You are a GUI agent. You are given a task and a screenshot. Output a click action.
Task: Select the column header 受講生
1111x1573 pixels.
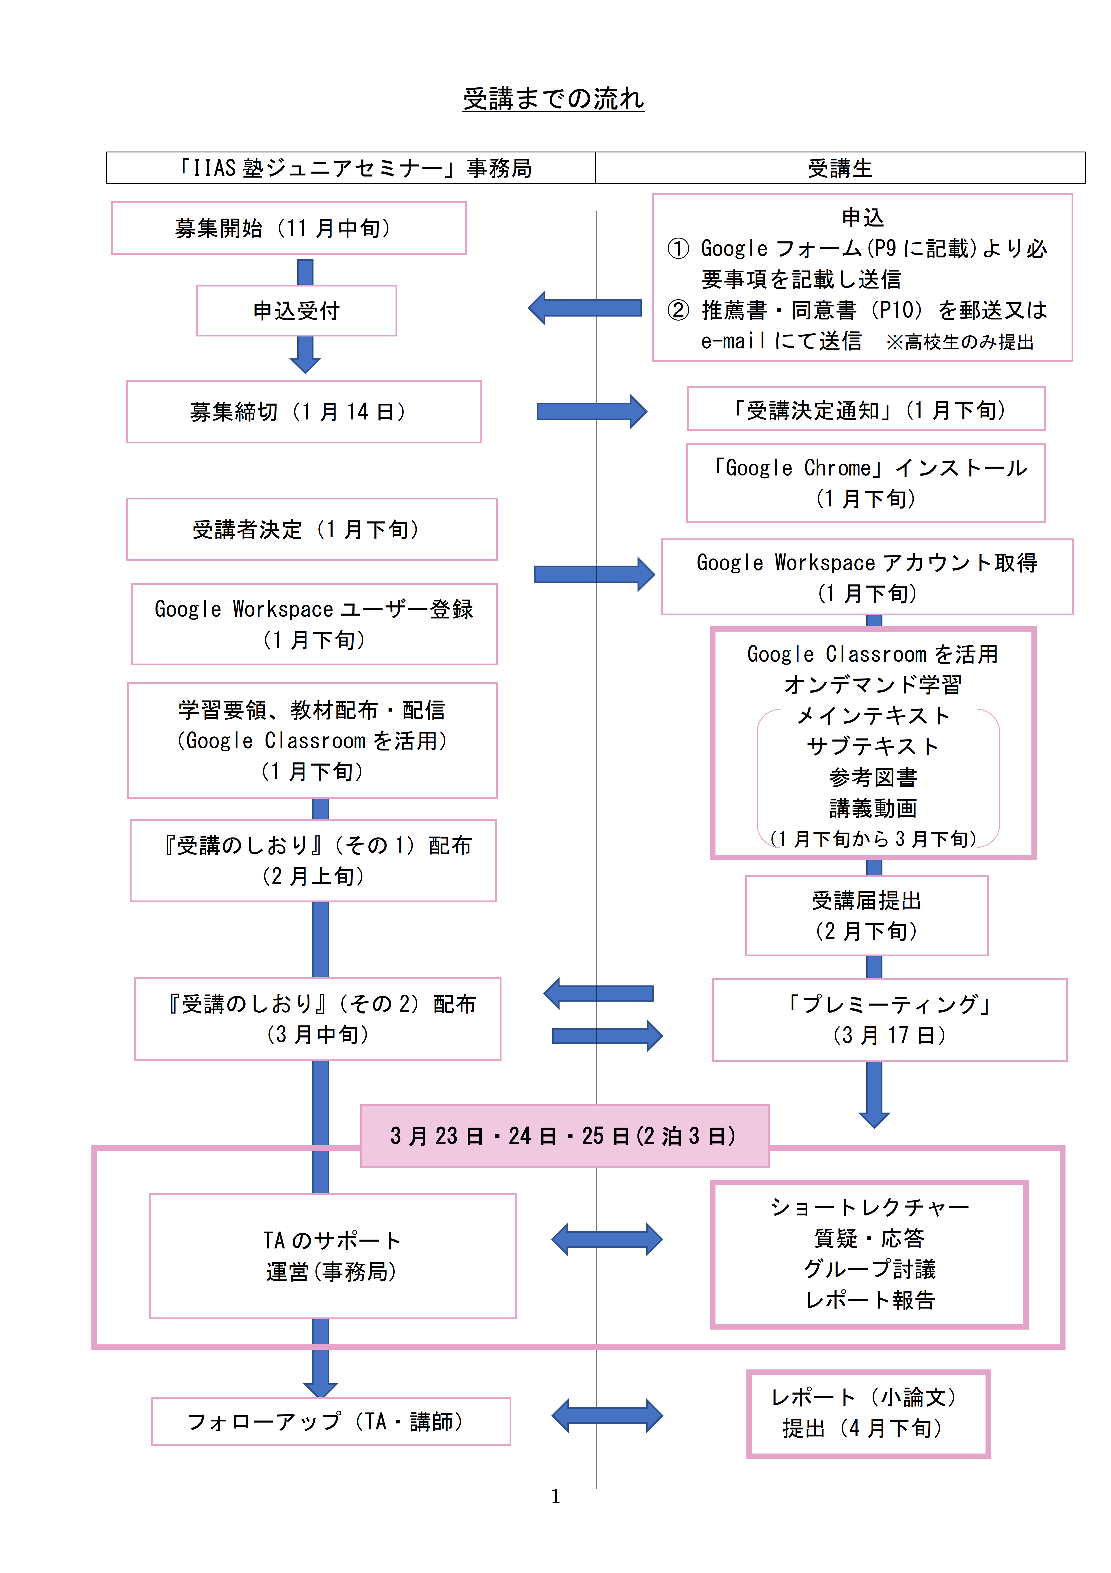click(840, 168)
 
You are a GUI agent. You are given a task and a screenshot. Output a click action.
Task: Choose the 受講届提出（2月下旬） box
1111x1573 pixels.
click(867, 915)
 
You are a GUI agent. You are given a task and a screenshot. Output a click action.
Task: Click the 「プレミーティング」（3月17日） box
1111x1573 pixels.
click(889, 1020)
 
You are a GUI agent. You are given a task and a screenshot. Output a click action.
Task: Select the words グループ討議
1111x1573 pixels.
click(869, 1269)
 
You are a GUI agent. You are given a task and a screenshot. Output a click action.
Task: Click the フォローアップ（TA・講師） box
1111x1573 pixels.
click(331, 1422)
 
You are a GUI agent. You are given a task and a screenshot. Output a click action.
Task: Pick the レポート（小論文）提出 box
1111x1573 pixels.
click(868, 1413)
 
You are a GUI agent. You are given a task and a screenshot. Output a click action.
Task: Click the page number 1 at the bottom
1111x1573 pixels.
click(555, 1496)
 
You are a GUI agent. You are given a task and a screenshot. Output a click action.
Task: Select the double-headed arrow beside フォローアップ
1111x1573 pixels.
click(607, 1415)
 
